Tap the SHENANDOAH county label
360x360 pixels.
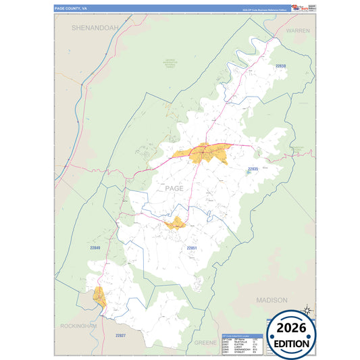(x=95, y=27)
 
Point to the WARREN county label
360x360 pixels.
(x=297, y=31)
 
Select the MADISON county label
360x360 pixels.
(x=272, y=299)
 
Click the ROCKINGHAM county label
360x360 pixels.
(x=76, y=326)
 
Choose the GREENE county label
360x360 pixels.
(x=205, y=342)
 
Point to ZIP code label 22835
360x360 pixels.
(x=253, y=168)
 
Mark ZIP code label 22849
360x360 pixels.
(x=95, y=248)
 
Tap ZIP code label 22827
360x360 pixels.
(x=120, y=336)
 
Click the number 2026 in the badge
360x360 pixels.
(x=292, y=328)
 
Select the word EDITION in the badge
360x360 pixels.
(x=292, y=343)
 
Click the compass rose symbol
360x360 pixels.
(x=307, y=310)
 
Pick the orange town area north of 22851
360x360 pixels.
(x=176, y=223)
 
